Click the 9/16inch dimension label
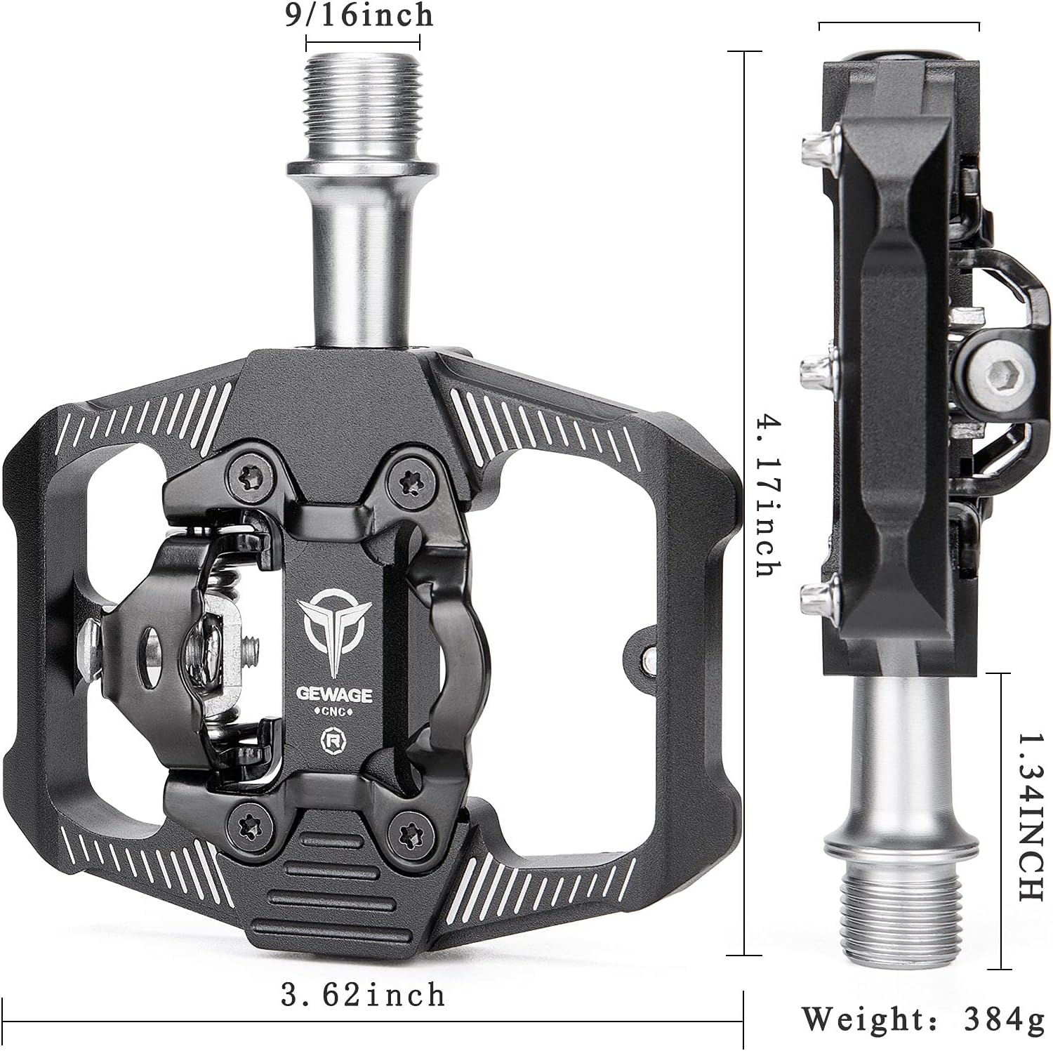(359, 15)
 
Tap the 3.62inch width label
(363, 995)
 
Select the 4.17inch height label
(767, 496)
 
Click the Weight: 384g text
(923, 1019)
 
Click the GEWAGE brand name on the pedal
(333, 694)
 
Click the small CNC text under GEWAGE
(333, 713)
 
